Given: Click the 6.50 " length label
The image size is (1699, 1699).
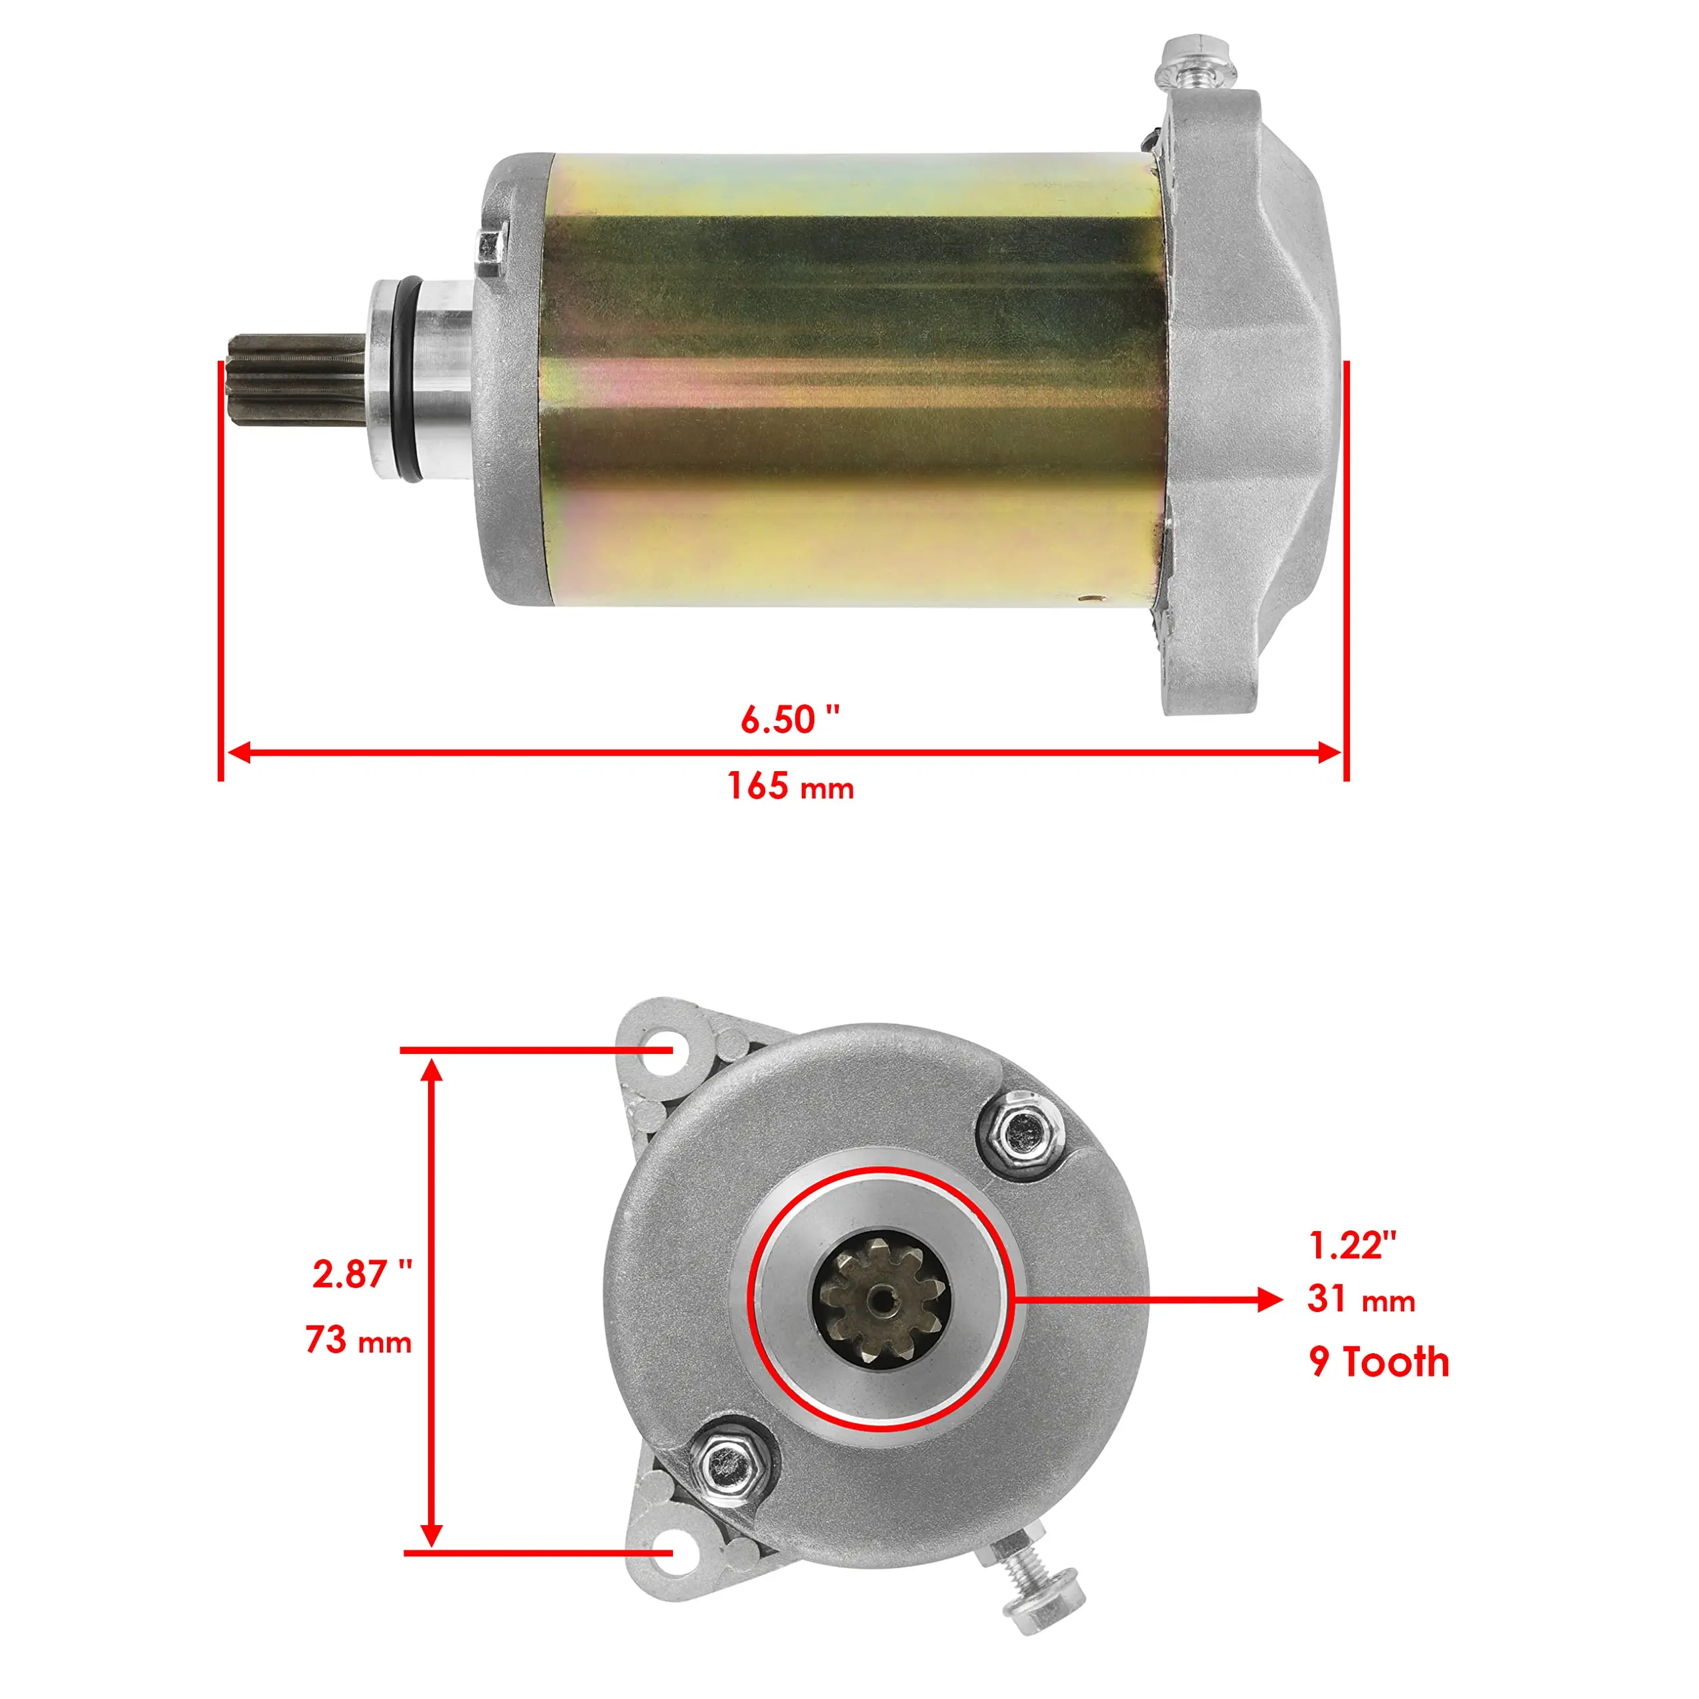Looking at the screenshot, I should click(790, 720).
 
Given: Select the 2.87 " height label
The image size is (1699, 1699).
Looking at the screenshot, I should click(362, 1274).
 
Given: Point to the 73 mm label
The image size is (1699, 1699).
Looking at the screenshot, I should click(358, 1340).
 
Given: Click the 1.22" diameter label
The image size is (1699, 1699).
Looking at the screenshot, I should click(1352, 1245).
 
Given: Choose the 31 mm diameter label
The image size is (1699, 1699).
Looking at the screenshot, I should click(1361, 1299).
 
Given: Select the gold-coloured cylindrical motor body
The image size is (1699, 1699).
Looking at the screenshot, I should click(849, 378).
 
